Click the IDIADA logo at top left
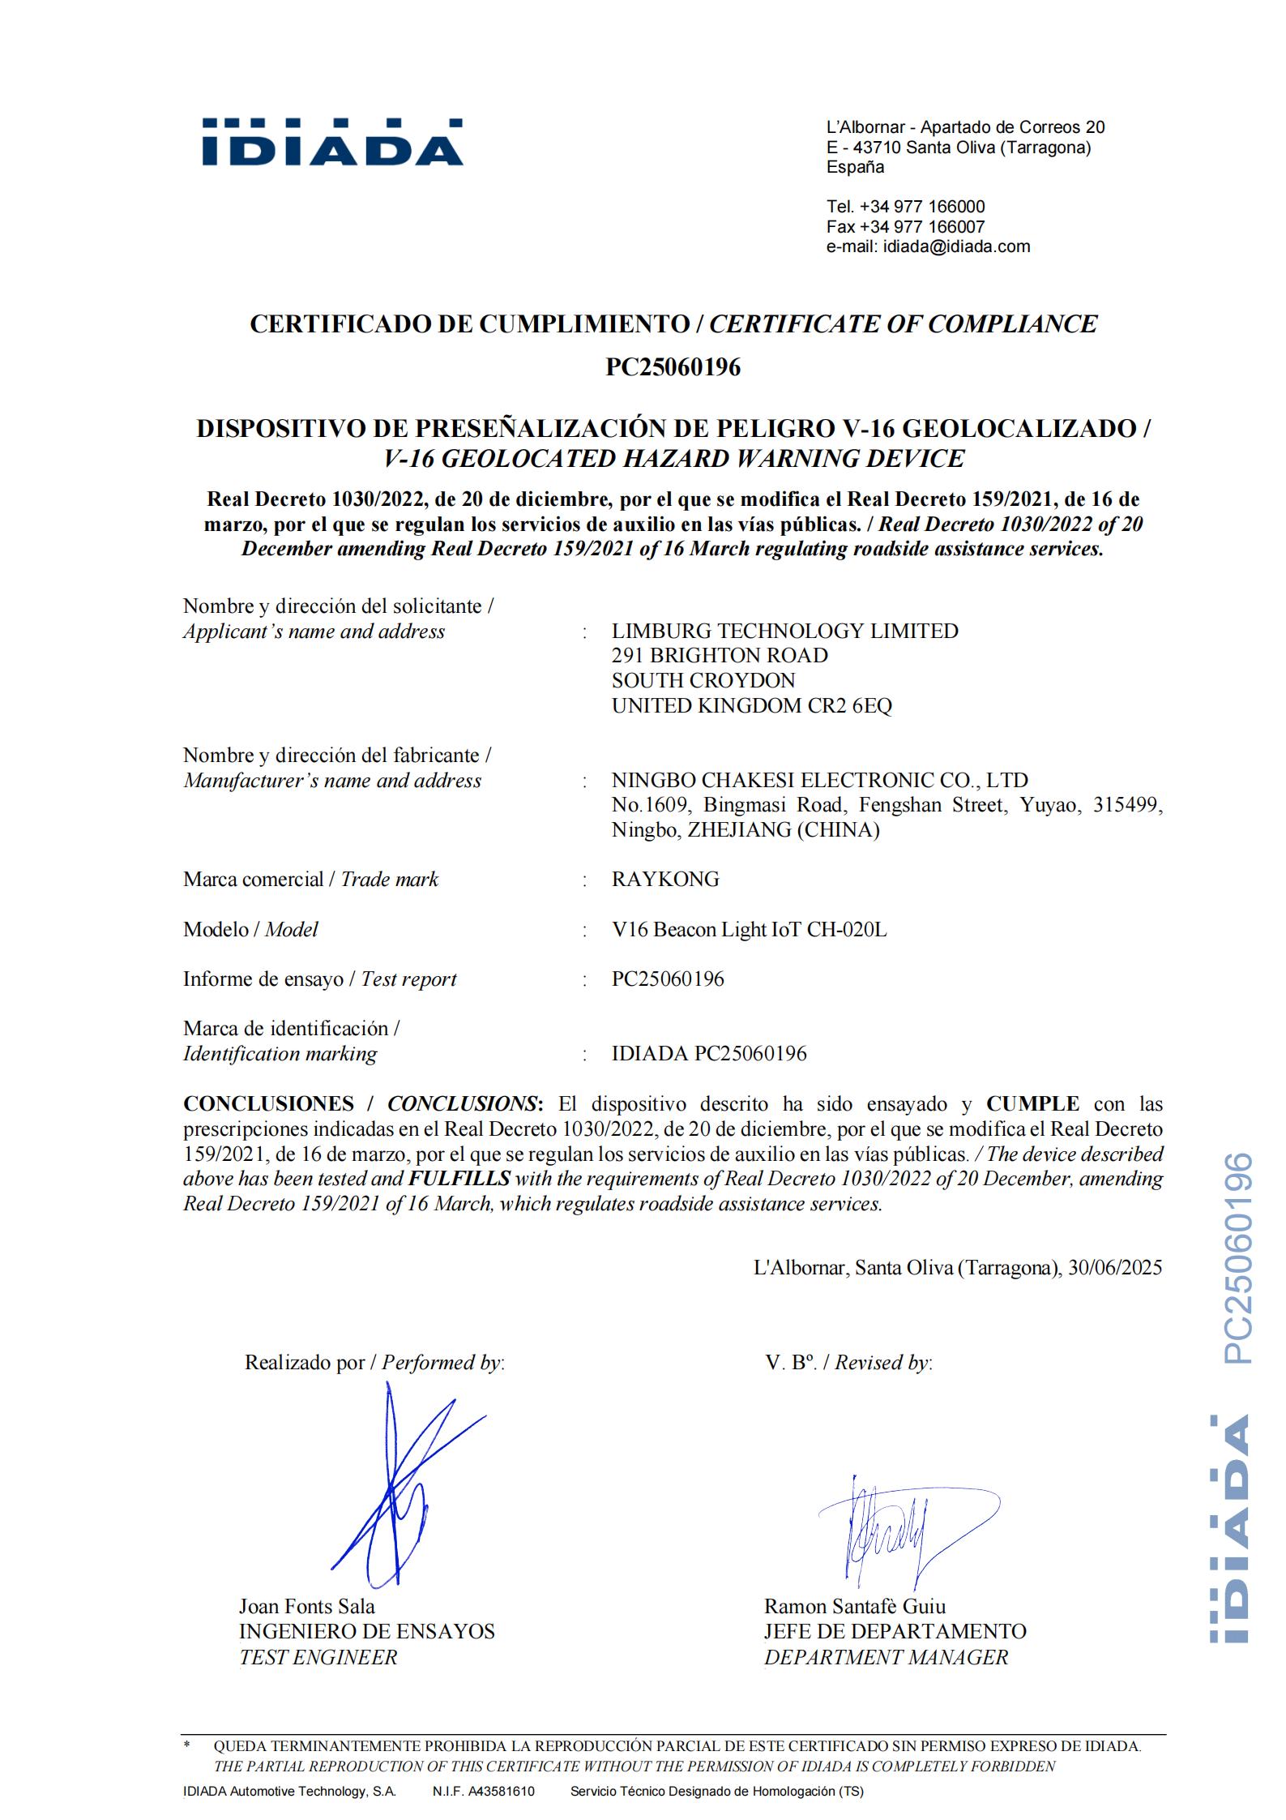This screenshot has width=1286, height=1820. pos(332,143)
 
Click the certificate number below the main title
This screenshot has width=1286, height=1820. pos(673,367)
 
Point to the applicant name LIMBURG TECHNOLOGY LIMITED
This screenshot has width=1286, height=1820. pos(784,631)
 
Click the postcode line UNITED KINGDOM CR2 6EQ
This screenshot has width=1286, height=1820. pos(751,705)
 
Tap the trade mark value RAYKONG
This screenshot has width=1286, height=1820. pos(665,880)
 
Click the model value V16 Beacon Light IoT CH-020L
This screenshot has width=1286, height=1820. pos(749,929)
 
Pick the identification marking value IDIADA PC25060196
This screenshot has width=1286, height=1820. pos(709,1054)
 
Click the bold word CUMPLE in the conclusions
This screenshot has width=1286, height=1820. pos(1032,1104)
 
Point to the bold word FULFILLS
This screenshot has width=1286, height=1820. pos(459,1179)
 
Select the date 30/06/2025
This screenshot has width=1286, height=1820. pos(1114,1268)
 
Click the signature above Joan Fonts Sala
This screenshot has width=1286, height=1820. pos(397,1492)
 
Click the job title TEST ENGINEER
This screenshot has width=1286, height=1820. pos(318,1657)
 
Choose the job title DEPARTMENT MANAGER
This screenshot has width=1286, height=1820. pos(886,1657)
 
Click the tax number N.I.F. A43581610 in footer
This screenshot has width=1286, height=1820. pos(483,1792)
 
